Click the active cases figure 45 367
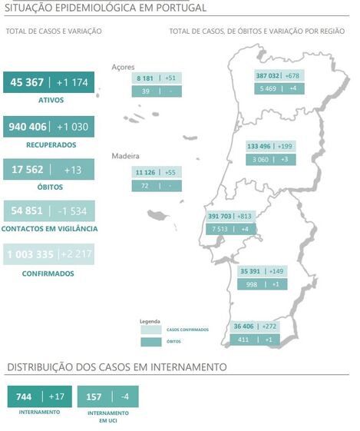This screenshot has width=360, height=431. (x=26, y=83)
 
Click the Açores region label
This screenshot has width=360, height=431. (x=123, y=67)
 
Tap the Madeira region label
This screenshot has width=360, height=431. (x=125, y=155)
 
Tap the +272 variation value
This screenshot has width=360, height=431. (x=269, y=327)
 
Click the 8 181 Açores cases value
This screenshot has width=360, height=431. (x=145, y=78)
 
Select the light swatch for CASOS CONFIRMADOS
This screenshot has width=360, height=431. (x=150, y=330)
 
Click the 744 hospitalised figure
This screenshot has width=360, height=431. (x=24, y=396)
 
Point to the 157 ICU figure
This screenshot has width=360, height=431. (x=94, y=396)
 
